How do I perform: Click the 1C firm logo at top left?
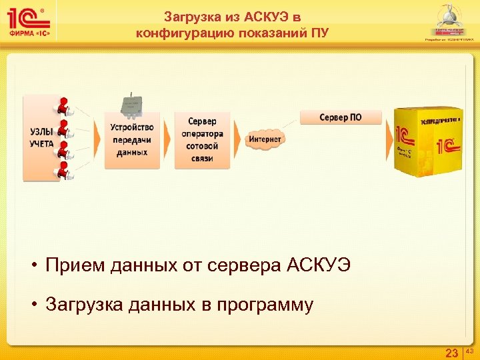click(30, 21)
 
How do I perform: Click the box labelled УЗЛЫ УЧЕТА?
click(41, 138)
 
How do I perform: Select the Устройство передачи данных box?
click(132, 139)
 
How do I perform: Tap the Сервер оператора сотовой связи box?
click(203, 139)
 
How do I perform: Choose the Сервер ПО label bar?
click(341, 117)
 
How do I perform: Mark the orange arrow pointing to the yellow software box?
click(388, 139)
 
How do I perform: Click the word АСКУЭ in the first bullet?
click(317, 266)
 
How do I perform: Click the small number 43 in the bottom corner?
click(469, 350)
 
